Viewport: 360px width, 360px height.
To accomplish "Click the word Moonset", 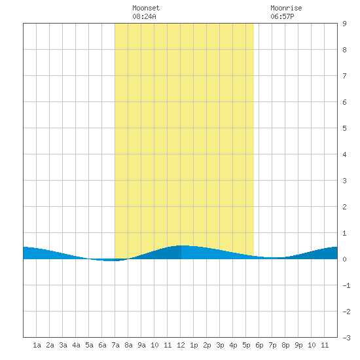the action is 146,8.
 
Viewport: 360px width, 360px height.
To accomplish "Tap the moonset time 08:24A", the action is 144,16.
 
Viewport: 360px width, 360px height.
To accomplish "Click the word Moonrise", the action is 286,8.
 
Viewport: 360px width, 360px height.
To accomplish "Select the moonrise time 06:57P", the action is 282,16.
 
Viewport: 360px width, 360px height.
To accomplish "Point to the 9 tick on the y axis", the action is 344,24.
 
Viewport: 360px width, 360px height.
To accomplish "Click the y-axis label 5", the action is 344,128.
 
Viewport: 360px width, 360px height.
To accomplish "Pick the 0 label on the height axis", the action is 344,259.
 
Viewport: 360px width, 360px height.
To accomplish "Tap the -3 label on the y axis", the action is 346,338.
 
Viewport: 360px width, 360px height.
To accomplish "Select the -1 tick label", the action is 346,285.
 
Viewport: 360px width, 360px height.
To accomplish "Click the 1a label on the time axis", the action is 37,345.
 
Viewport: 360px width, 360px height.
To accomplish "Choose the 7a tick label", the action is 115,345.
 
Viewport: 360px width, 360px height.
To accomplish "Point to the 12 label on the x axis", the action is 181,345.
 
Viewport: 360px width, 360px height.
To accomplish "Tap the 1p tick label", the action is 194,345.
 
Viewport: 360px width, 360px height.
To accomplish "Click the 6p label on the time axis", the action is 259,345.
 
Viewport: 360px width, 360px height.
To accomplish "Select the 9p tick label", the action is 298,345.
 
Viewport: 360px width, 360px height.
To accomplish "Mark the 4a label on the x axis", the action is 76,345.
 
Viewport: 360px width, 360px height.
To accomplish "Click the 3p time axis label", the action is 220,345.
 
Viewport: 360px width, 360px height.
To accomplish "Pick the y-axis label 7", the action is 344,76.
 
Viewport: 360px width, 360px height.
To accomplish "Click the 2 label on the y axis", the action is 344,207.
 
